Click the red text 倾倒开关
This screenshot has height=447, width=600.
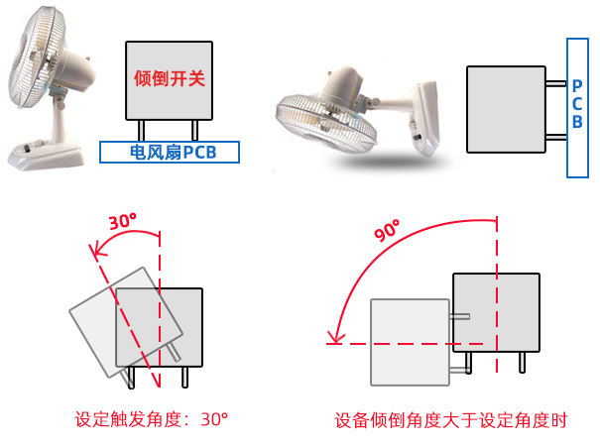pyautogui.click(x=170, y=78)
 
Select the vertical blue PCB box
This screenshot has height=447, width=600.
pyautogui.click(x=577, y=107)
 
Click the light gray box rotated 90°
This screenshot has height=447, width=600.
pyautogui.click(x=409, y=342)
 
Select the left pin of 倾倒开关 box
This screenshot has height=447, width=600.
pyautogui.click(x=142, y=130)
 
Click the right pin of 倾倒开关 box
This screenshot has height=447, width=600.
pyautogui.click(x=196, y=130)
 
